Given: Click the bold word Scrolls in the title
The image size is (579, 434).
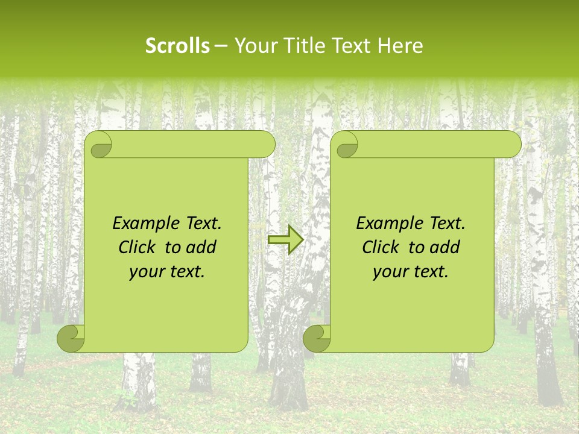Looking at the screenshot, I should [x=178, y=46].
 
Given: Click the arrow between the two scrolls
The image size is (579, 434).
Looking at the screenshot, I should [x=285, y=239].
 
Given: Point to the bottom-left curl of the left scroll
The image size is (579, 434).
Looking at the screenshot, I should [x=71, y=338].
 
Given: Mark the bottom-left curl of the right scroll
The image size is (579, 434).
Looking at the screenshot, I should [x=316, y=338].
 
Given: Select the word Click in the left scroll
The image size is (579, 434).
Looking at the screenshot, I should [x=136, y=247].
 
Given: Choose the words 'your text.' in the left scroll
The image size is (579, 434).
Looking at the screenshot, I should [x=167, y=272].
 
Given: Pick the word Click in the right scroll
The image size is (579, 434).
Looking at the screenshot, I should [x=380, y=247].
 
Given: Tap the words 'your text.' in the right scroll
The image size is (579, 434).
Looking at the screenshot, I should [x=411, y=272].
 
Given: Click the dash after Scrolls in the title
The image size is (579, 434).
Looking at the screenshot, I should [x=221, y=46].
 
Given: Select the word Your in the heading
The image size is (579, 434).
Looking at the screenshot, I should [x=254, y=46].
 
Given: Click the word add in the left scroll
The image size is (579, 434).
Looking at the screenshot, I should [x=201, y=247].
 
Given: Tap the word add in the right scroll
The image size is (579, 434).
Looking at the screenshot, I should [x=445, y=247].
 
